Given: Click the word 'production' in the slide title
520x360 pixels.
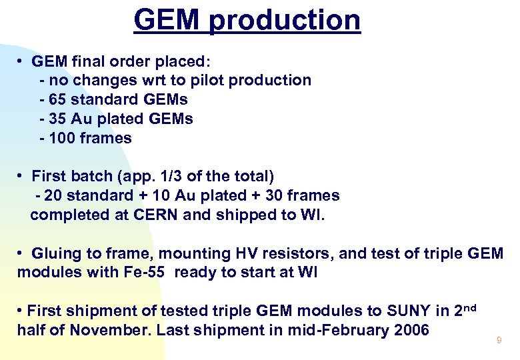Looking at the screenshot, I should click(x=284, y=20).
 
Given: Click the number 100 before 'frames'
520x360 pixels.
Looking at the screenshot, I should click(x=62, y=139).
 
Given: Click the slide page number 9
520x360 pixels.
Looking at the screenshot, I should click(x=498, y=341).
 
